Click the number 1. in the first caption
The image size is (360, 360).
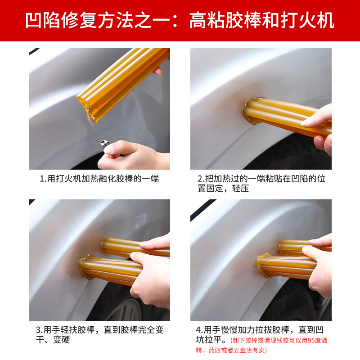pos(43,179)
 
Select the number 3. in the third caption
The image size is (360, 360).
pos(40,330)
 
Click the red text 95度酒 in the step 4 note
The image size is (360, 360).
pos(313,340)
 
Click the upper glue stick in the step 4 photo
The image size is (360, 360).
pos(297,247)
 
